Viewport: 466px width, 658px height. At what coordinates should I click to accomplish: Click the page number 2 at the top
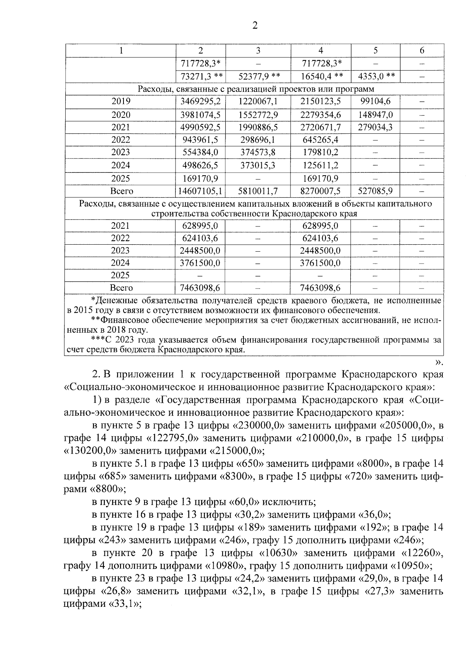tap(255, 26)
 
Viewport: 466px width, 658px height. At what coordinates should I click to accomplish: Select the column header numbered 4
tap(321, 51)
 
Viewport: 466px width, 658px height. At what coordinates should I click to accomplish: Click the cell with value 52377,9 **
tap(258, 76)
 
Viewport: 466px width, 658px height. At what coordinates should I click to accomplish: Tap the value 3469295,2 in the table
tap(201, 102)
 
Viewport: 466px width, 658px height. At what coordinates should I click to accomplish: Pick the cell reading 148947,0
tap(375, 115)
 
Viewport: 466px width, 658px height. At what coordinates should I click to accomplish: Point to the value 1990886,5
tap(258, 128)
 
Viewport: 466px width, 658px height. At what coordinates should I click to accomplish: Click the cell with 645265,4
tap(321, 140)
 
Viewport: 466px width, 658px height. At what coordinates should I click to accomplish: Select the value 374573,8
tap(258, 152)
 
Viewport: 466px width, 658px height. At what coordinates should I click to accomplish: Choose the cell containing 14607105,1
tap(201, 191)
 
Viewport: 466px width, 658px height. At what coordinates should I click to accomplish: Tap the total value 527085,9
tap(375, 191)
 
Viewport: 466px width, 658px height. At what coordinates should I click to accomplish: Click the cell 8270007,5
tap(321, 191)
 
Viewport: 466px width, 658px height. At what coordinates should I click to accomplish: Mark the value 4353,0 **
tap(375, 76)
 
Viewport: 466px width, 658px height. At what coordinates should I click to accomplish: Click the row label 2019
tap(121, 102)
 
